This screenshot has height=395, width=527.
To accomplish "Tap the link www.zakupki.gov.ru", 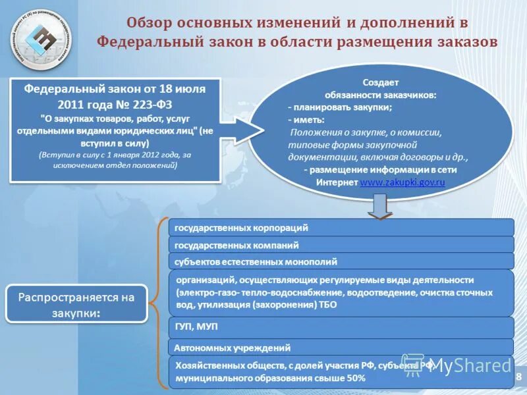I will tap(402, 181).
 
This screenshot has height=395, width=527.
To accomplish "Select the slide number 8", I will tap(518, 377).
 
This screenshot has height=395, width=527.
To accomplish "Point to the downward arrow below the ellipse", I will tap(380, 207).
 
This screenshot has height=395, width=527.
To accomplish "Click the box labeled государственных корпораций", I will tap(341, 228).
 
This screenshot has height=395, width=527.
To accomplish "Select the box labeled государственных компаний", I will tap(341, 245).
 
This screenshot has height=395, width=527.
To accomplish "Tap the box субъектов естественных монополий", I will tap(341, 261).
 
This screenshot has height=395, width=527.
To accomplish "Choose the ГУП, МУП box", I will tap(341, 327).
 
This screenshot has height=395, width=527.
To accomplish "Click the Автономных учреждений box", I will tap(341, 348).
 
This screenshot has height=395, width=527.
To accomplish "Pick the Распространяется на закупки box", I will tap(76, 304).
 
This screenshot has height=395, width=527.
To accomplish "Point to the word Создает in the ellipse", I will tap(380, 82).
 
